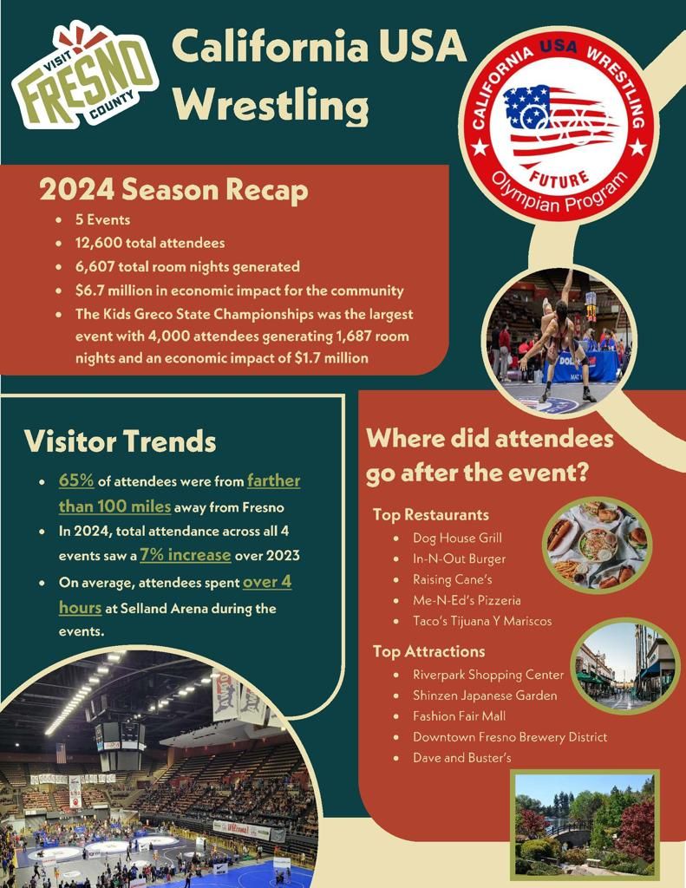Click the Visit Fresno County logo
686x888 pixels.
coord(84,75)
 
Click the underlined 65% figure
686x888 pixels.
coord(76,480)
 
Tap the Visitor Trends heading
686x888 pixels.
coord(120,441)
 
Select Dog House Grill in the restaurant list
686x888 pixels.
coord(457,538)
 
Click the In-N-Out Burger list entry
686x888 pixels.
coord(459,558)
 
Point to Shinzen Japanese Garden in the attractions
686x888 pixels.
coord(485,695)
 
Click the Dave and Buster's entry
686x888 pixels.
coord(462,758)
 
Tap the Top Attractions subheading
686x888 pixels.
coord(428,651)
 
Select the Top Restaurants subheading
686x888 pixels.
coord(430,515)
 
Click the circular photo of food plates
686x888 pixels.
coord(596,545)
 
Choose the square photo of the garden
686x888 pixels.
coord(585,825)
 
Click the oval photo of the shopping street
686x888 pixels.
coord(624,665)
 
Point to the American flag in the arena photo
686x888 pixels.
coord(61,752)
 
